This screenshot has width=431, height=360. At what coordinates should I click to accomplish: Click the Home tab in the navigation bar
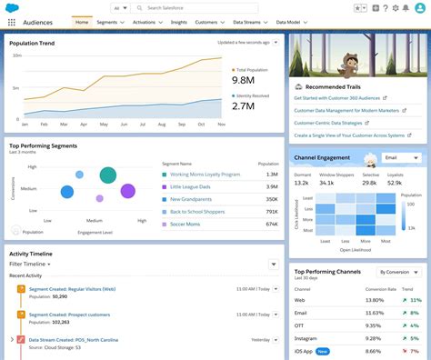click(82, 21)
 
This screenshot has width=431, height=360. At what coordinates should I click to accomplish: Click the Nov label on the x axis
click(221, 125)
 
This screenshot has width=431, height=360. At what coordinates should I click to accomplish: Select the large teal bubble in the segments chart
click(108, 175)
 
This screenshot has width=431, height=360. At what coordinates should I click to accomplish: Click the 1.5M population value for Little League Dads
click(270, 186)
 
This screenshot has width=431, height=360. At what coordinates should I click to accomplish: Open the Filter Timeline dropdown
click(30, 264)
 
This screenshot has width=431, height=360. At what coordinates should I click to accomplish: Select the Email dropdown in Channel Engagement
click(401, 157)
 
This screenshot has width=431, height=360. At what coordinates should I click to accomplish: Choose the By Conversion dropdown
click(398, 272)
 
